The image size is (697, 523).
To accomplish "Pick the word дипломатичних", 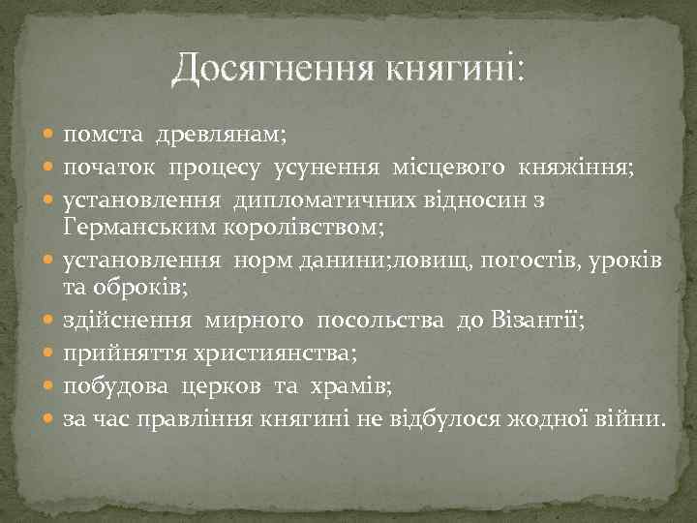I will click(x=318, y=200).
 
